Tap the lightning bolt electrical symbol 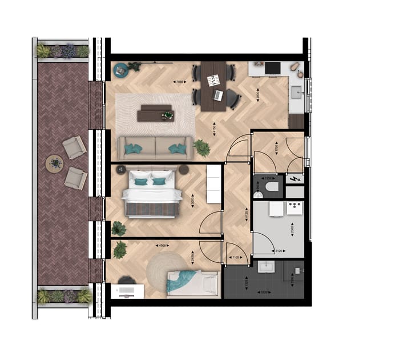click(294, 179)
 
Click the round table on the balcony click(55, 164)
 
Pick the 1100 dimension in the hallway click(236, 258)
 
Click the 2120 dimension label click(278, 250)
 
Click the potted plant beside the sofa click(202, 148)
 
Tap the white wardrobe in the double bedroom click(213, 184)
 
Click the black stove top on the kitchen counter click(272, 69)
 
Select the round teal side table click(120, 70)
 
